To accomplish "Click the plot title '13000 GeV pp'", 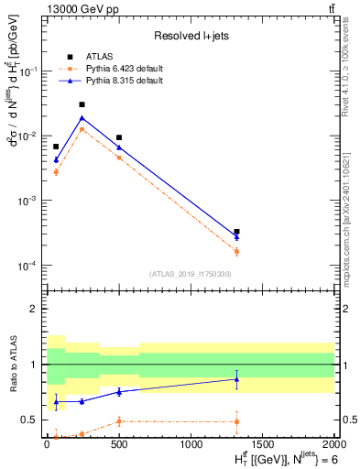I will click(74, 9).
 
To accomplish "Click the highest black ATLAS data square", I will click(82, 104).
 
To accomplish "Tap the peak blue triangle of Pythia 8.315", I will click(82, 117).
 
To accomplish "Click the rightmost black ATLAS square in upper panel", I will click(236, 232).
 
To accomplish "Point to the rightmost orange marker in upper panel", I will click(236, 251).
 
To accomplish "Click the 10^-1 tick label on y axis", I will click(29, 71).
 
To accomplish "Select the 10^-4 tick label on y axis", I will click(29, 266).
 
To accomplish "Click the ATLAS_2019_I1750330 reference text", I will click(191, 274).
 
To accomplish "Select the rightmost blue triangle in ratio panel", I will click(236, 378).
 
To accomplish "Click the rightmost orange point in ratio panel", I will click(236, 421).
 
